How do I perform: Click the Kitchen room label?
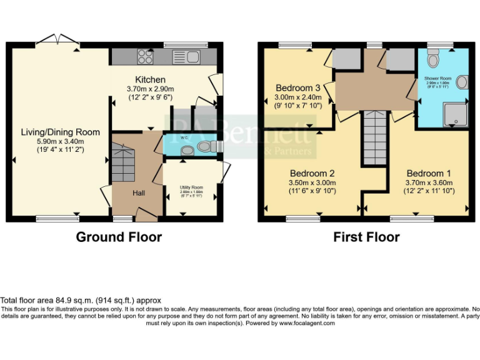click(151, 79)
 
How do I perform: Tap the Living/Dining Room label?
click(60, 132)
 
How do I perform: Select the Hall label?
click(138, 193)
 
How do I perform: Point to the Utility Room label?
click(192, 187)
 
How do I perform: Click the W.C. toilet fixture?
click(204, 146)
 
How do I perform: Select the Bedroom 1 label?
click(429, 172)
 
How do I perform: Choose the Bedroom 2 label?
click(312, 173)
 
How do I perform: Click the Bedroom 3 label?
click(298, 88)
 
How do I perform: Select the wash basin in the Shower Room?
click(462, 82)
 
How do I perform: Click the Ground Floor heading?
click(119, 237)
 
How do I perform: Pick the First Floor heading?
click(366, 237)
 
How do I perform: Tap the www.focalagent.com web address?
click(306, 323)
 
